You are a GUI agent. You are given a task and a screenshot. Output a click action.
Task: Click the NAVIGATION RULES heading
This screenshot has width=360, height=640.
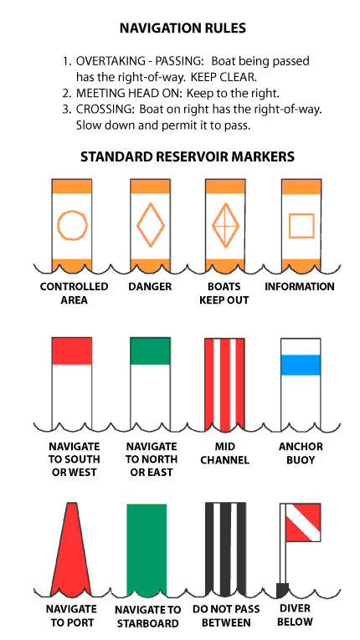pyautogui.click(x=183, y=28)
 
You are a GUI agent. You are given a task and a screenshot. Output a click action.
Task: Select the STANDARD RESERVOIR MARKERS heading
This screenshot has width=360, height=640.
pyautogui.click(x=188, y=156)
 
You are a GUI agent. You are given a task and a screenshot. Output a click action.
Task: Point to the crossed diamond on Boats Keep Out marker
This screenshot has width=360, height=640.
pyautogui.click(x=225, y=225)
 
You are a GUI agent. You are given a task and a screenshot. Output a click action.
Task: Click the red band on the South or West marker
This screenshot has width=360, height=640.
pyautogui.click(x=71, y=351)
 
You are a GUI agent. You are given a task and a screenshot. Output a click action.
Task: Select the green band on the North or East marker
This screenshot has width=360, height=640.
pyautogui.click(x=150, y=351)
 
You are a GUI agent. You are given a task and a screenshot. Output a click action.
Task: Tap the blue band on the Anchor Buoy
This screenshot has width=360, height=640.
pyautogui.click(x=301, y=365)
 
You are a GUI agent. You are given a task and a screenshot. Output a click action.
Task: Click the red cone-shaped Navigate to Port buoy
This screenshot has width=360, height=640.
pyautogui.click(x=71, y=549)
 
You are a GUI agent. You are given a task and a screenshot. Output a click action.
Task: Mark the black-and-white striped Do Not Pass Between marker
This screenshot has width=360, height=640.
pyautogui.click(x=225, y=549)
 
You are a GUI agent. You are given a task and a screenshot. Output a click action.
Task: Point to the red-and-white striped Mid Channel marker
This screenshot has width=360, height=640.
pyautogui.click(x=224, y=385)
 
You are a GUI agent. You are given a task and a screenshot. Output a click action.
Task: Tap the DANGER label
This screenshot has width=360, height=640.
pyautogui.click(x=150, y=286)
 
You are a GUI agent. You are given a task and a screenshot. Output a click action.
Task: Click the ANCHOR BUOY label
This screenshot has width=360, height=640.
pyautogui.click(x=301, y=453)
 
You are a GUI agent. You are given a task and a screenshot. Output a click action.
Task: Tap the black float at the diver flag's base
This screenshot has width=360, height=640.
pyautogui.click(x=282, y=590)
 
